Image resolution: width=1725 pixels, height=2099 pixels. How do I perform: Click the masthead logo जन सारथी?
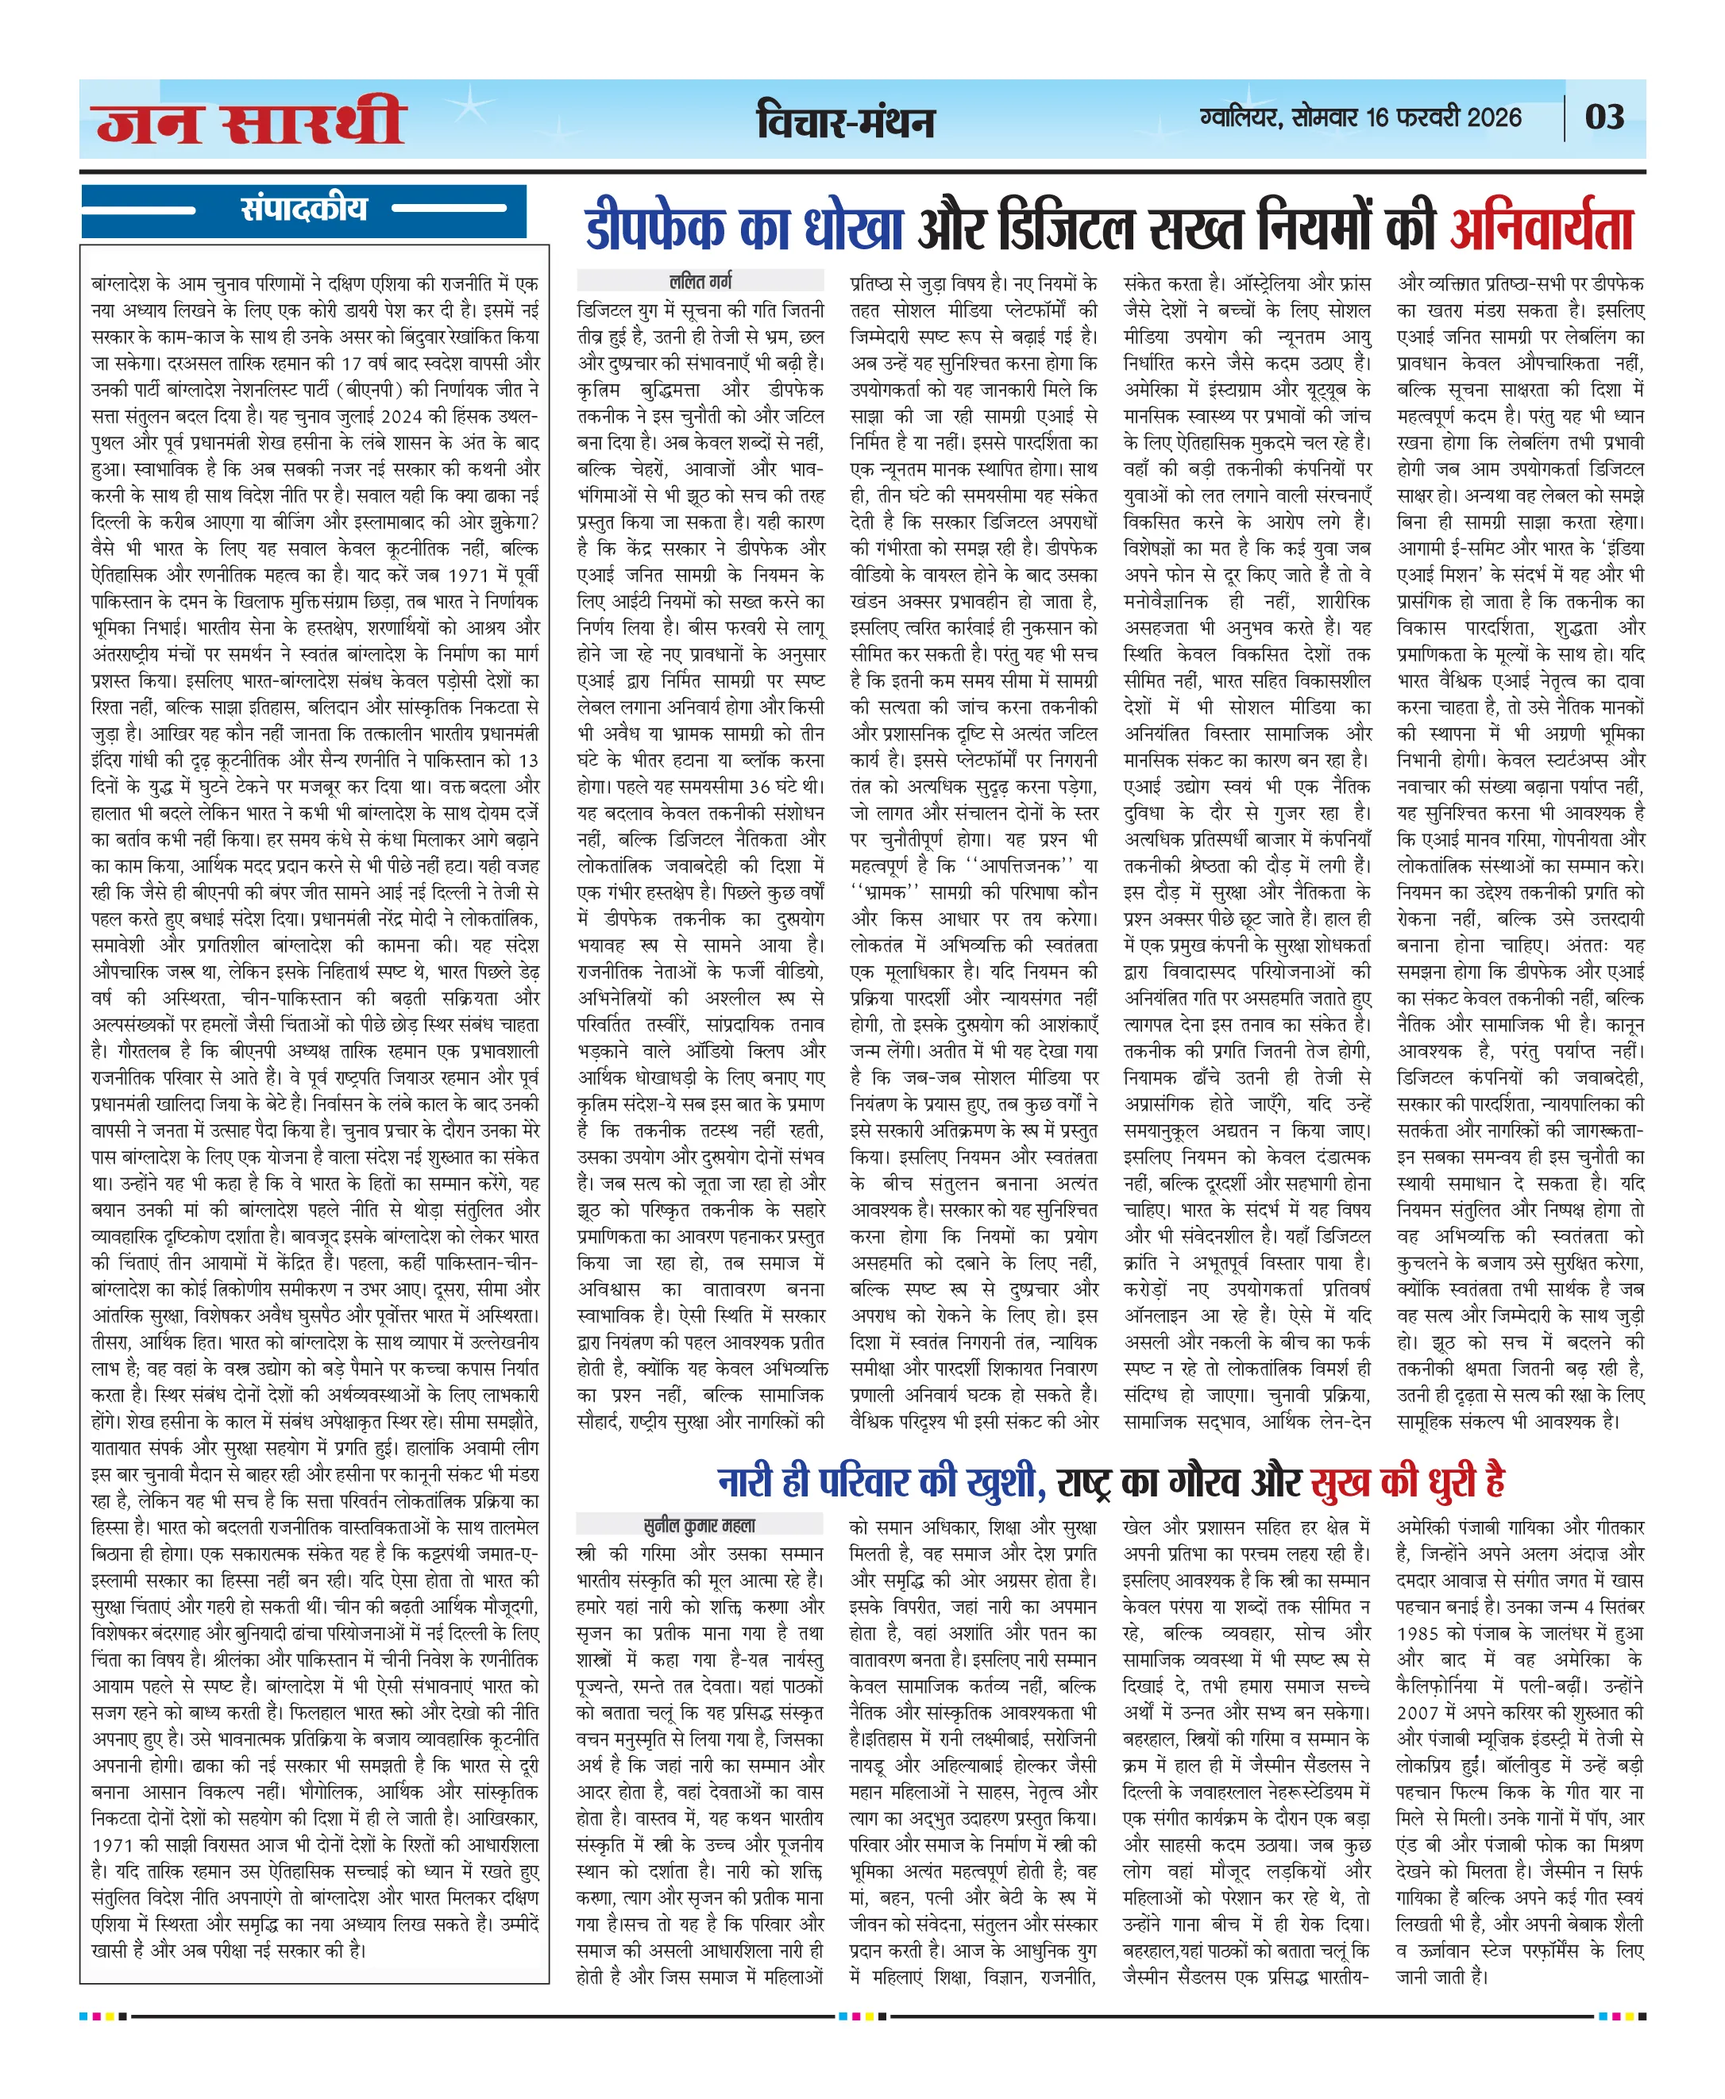coord(250,121)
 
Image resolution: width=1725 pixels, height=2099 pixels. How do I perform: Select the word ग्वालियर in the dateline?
coord(1241,117)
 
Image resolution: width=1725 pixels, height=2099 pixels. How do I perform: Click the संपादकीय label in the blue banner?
coord(303,210)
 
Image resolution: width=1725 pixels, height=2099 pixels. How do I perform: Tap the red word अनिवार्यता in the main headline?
coord(1542,229)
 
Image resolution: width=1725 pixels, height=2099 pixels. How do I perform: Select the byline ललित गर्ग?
coord(700,281)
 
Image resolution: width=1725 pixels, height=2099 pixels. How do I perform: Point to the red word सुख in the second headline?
coord(1341,1482)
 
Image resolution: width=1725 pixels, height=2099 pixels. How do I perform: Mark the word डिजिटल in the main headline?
coord(1063,229)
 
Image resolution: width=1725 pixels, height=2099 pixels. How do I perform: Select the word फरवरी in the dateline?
coord(1428,117)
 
